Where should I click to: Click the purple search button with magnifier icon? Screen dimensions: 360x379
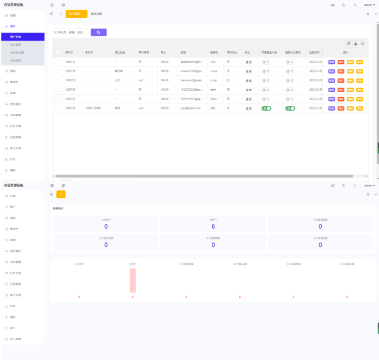pyautogui.click(x=99, y=32)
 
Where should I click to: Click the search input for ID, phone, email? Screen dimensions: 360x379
pyautogui.click(x=70, y=32)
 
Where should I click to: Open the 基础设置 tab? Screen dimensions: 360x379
pyautogui.click(x=97, y=14)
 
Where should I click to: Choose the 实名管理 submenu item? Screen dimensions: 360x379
pyautogui.click(x=16, y=44)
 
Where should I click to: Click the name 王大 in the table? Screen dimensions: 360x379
pyautogui.click(x=117, y=80)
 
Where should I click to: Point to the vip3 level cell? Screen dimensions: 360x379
pyautogui.click(x=141, y=108)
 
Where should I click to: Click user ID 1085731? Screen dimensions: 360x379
pyautogui.click(x=70, y=62)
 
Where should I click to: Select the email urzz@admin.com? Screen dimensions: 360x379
pyautogui.click(x=190, y=108)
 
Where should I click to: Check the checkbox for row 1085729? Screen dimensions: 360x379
pyautogui.click(x=57, y=80)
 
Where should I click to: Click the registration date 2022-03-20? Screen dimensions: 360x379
pyautogui.click(x=315, y=108)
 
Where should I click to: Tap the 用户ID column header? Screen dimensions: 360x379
pyautogui.click(x=69, y=52)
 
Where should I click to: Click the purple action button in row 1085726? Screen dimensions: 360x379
pyautogui.click(x=331, y=108)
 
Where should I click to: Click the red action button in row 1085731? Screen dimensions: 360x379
pyautogui.click(x=341, y=62)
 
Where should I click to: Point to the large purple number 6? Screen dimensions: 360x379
pyautogui.click(x=213, y=226)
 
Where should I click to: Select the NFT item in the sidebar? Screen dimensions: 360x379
pyautogui.click(x=13, y=328)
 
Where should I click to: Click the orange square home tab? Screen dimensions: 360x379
pyautogui.click(x=61, y=194)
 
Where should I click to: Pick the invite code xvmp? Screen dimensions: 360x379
pyautogui.click(x=213, y=80)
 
